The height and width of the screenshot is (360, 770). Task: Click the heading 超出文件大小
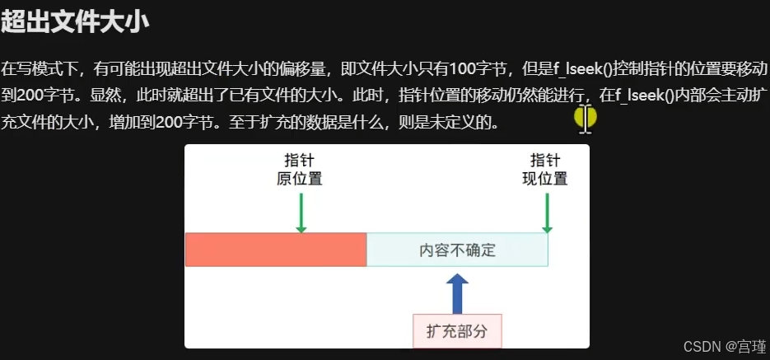coord(75,22)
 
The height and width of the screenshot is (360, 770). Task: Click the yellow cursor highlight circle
coord(585,118)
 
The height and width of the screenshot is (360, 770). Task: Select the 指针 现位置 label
coord(545,169)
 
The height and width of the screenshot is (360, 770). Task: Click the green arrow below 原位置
coord(301,212)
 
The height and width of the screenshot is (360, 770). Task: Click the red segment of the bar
coord(275,250)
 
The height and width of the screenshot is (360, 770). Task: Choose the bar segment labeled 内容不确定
coord(457,250)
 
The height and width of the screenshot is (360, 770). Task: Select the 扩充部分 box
coord(457,331)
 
